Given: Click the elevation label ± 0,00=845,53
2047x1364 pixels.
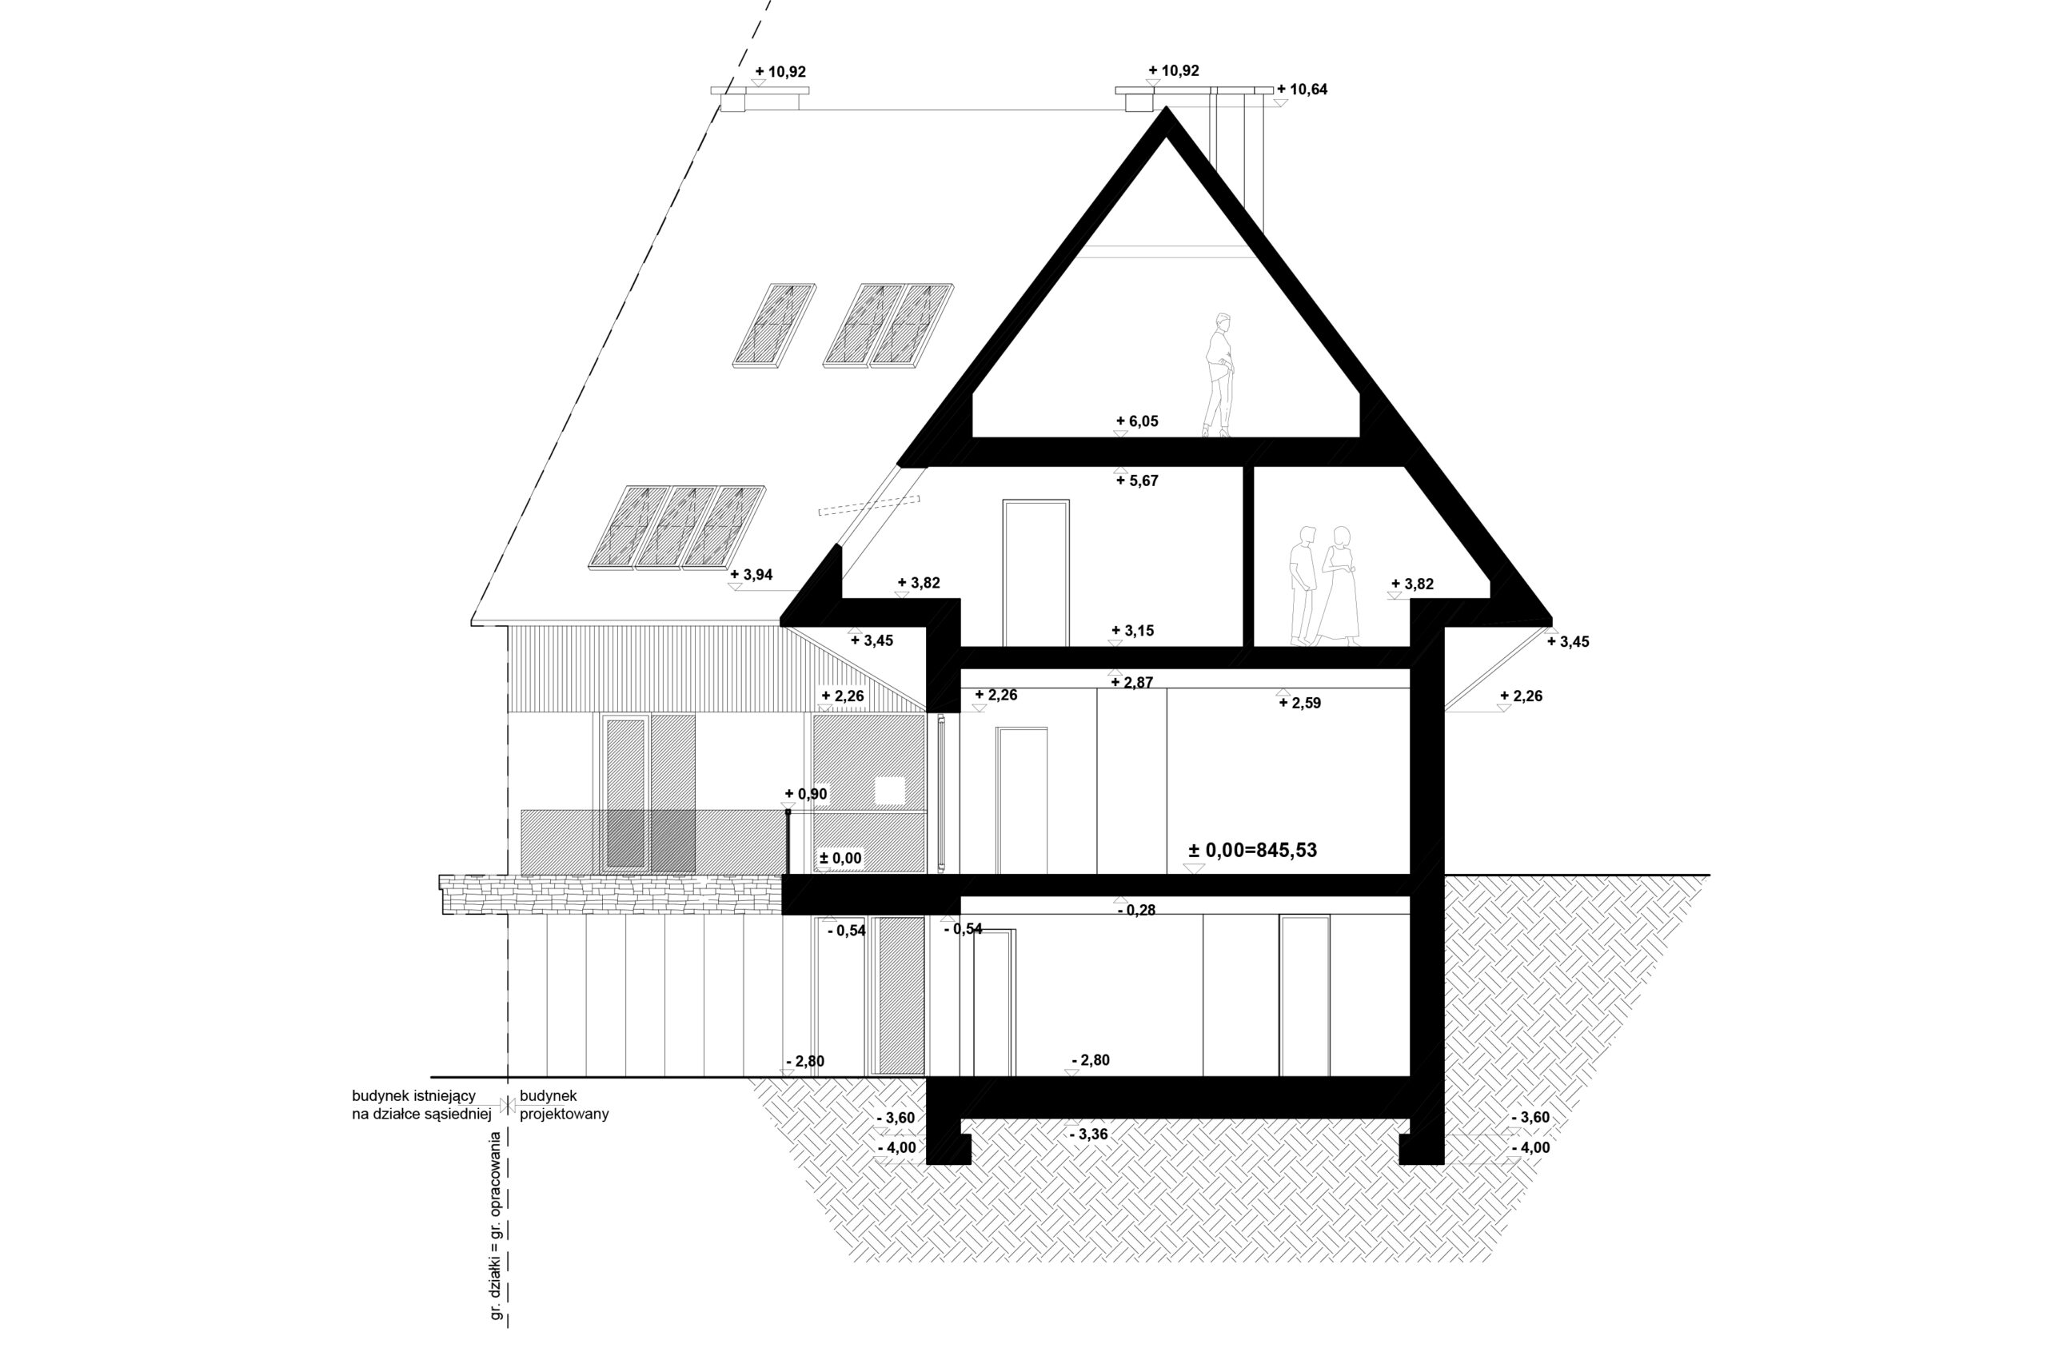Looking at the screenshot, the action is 1252,850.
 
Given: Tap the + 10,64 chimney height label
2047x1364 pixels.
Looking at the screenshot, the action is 1303,90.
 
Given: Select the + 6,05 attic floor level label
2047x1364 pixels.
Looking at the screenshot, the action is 1137,421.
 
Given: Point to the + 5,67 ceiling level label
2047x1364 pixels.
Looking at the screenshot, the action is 1137,481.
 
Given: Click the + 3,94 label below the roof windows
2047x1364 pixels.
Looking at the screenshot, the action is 752,574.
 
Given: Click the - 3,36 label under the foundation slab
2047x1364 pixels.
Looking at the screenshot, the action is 1087,1135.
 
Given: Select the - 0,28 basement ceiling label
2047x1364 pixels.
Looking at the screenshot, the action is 1136,910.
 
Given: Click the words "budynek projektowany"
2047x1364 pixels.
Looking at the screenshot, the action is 564,1105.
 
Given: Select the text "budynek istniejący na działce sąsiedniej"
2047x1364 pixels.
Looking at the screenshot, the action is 422,1105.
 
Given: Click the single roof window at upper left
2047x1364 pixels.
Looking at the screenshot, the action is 774,324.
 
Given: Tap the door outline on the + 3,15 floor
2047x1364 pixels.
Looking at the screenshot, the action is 1035,573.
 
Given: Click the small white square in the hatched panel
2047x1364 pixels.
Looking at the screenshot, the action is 890,791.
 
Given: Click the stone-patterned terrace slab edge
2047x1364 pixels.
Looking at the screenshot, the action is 611,894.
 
